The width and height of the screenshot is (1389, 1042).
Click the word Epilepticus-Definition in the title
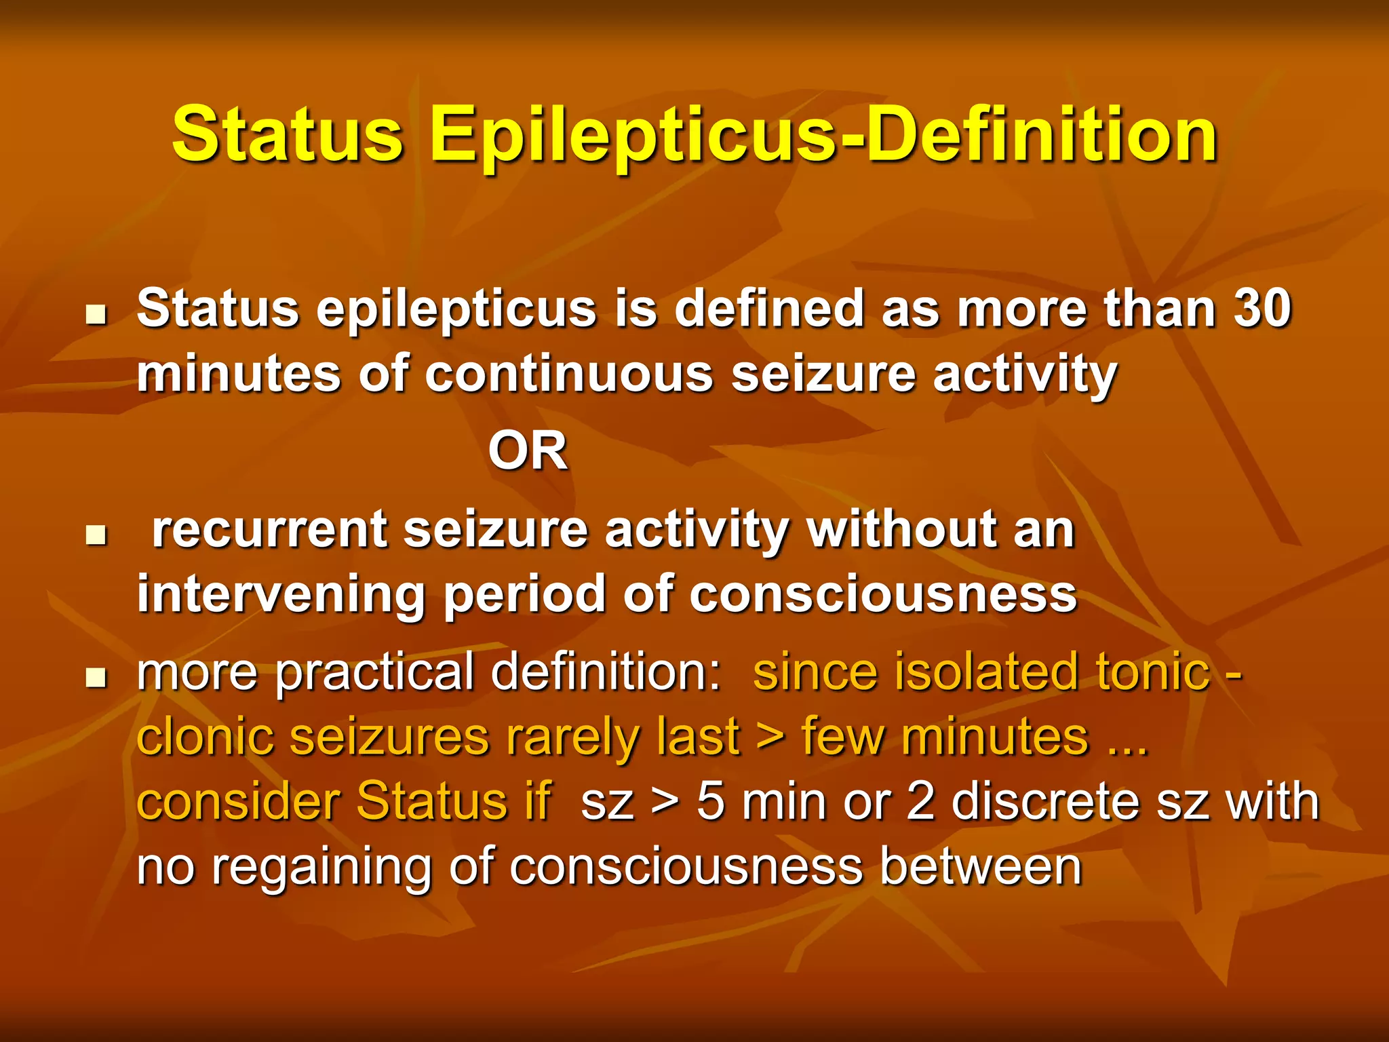(824, 136)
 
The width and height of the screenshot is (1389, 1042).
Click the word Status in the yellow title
(288, 136)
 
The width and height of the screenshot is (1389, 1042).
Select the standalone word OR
(528, 452)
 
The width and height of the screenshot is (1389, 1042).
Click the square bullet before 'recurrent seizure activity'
(97, 536)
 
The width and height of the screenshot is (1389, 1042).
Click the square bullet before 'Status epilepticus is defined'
(97, 315)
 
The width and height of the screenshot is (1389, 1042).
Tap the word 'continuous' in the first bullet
(569, 374)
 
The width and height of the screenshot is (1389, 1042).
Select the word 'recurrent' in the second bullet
(269, 530)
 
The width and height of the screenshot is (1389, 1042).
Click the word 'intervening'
(281, 595)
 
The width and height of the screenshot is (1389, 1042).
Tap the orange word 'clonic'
(206, 737)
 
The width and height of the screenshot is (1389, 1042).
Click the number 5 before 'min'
(711, 802)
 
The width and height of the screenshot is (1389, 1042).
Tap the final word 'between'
(981, 867)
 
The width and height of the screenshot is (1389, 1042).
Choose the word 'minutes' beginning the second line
(239, 374)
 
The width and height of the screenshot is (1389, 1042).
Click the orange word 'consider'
(238, 802)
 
